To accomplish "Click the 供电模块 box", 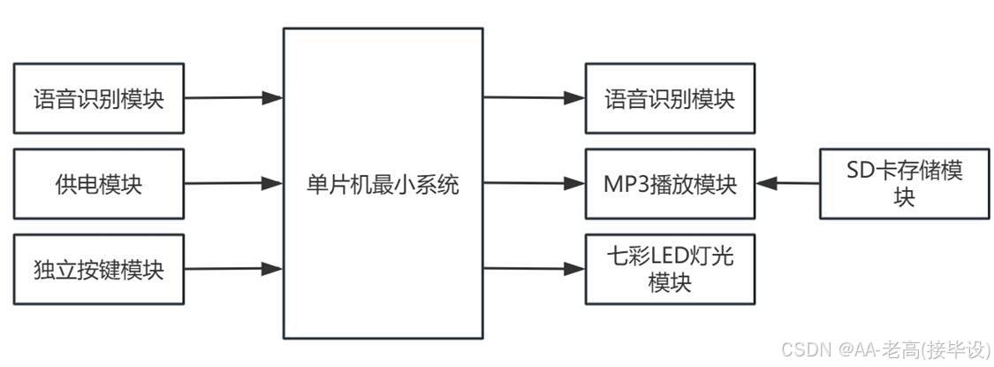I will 98,185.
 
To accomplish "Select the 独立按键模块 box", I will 98,269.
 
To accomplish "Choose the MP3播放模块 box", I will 670,185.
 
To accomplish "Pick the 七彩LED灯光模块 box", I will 670,269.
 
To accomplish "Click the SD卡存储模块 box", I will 903,184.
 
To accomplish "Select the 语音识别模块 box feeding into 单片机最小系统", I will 98,98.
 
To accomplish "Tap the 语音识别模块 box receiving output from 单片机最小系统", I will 670,98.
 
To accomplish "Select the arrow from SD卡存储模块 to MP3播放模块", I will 788,184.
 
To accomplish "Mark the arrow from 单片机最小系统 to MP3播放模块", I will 534,184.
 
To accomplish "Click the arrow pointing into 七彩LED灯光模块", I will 534,268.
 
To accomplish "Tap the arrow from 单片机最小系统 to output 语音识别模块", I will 534,97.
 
